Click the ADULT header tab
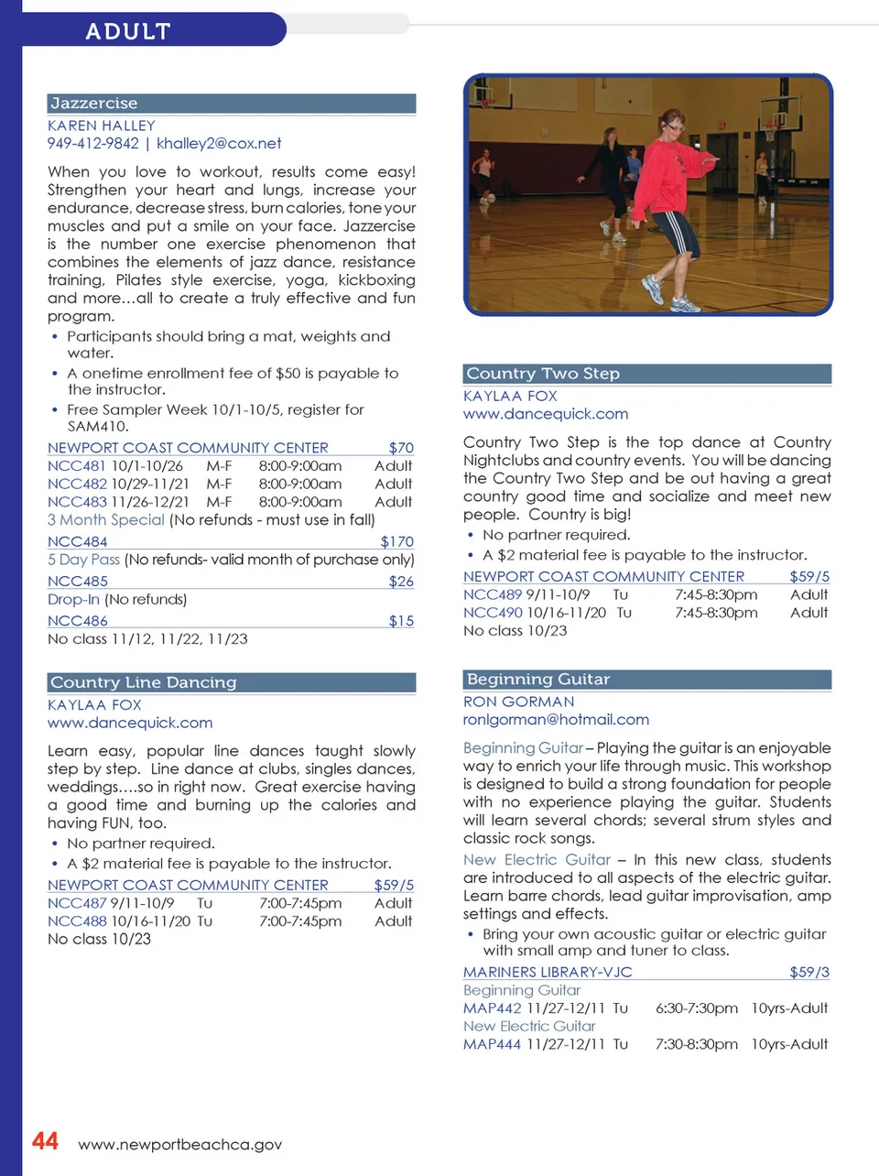[x=128, y=31]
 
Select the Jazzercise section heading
[x=93, y=103]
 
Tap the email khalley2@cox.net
[x=219, y=143]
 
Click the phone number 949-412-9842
[x=93, y=143]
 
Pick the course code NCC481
[x=77, y=465]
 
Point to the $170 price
[x=396, y=541]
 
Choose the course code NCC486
[x=78, y=620]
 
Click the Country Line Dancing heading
[x=143, y=682]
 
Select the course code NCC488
[x=77, y=920]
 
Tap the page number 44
[x=45, y=1141]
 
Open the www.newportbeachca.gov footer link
[x=179, y=1144]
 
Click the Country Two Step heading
[x=543, y=374]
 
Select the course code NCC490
[x=493, y=612]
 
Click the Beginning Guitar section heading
[x=538, y=680]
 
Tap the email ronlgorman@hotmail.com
[x=556, y=719]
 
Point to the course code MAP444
[x=492, y=1043]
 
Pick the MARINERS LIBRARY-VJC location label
[x=548, y=972]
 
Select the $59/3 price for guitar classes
[x=809, y=972]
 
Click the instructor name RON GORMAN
[x=518, y=701]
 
